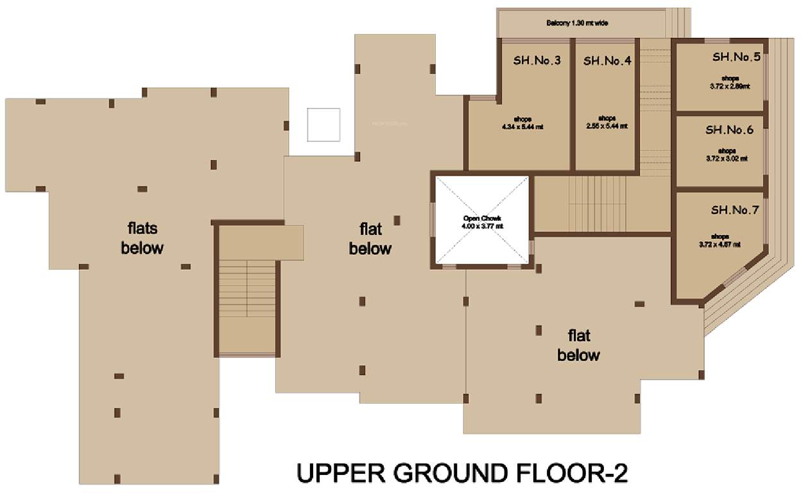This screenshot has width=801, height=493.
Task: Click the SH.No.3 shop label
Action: tap(537, 62)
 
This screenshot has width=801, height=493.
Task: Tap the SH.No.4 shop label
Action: tap(607, 62)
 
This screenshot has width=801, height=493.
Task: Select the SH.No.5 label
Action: tap(736, 57)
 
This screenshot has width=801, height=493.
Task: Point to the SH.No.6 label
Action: tap(729, 130)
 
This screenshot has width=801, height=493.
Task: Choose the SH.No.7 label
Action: tap(735, 210)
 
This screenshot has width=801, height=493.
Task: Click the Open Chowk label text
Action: tap(482, 219)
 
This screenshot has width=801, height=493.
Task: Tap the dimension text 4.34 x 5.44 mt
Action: tap(522, 126)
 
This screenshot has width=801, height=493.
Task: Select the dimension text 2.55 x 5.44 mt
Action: tap(607, 126)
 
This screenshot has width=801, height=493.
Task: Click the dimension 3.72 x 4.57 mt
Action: tap(719, 244)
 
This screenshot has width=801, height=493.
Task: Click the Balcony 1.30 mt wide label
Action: tap(577, 24)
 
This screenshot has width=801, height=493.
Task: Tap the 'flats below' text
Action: tap(142, 238)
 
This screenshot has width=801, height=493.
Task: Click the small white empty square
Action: tap(323, 125)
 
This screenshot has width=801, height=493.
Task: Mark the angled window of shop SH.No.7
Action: tap(735, 279)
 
